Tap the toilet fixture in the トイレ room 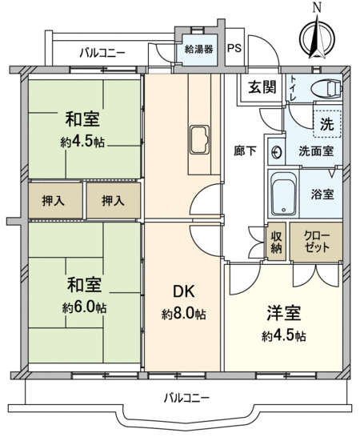(326, 88)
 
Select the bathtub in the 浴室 (284, 194)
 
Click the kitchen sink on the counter (199, 139)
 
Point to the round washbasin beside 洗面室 (277, 152)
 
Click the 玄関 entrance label (262, 87)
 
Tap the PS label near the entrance (234, 48)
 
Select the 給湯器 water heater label (199, 49)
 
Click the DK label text (184, 291)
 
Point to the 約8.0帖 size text (184, 314)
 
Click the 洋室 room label (284, 313)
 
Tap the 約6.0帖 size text (84, 307)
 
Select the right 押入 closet (113, 200)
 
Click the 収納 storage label (276, 242)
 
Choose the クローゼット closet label (317, 242)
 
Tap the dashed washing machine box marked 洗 (327, 123)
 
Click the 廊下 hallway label (245, 151)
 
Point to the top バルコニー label (102, 52)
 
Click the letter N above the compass (317, 7)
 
